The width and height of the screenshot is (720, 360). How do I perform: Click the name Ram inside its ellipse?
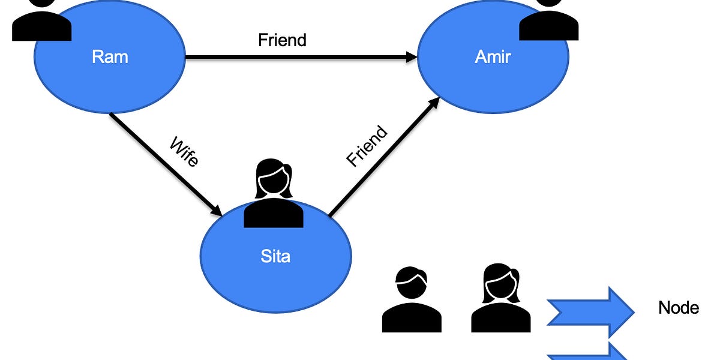[x=110, y=57]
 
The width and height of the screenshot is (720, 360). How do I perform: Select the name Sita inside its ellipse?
[x=275, y=256]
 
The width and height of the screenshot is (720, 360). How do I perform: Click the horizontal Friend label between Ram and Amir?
[x=282, y=40]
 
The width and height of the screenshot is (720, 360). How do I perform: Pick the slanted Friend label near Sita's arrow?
[x=367, y=146]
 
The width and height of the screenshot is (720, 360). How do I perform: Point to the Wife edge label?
[x=184, y=152]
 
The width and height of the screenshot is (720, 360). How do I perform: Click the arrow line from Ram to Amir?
[x=300, y=58]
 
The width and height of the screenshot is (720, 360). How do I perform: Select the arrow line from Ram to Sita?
[x=162, y=162]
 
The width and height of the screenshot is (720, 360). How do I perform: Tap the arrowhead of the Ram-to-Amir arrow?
[x=412, y=58]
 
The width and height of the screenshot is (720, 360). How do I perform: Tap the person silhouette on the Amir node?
[x=548, y=21]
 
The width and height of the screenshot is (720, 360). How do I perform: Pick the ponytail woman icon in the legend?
[x=501, y=298]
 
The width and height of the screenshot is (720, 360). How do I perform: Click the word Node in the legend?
[x=679, y=308]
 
